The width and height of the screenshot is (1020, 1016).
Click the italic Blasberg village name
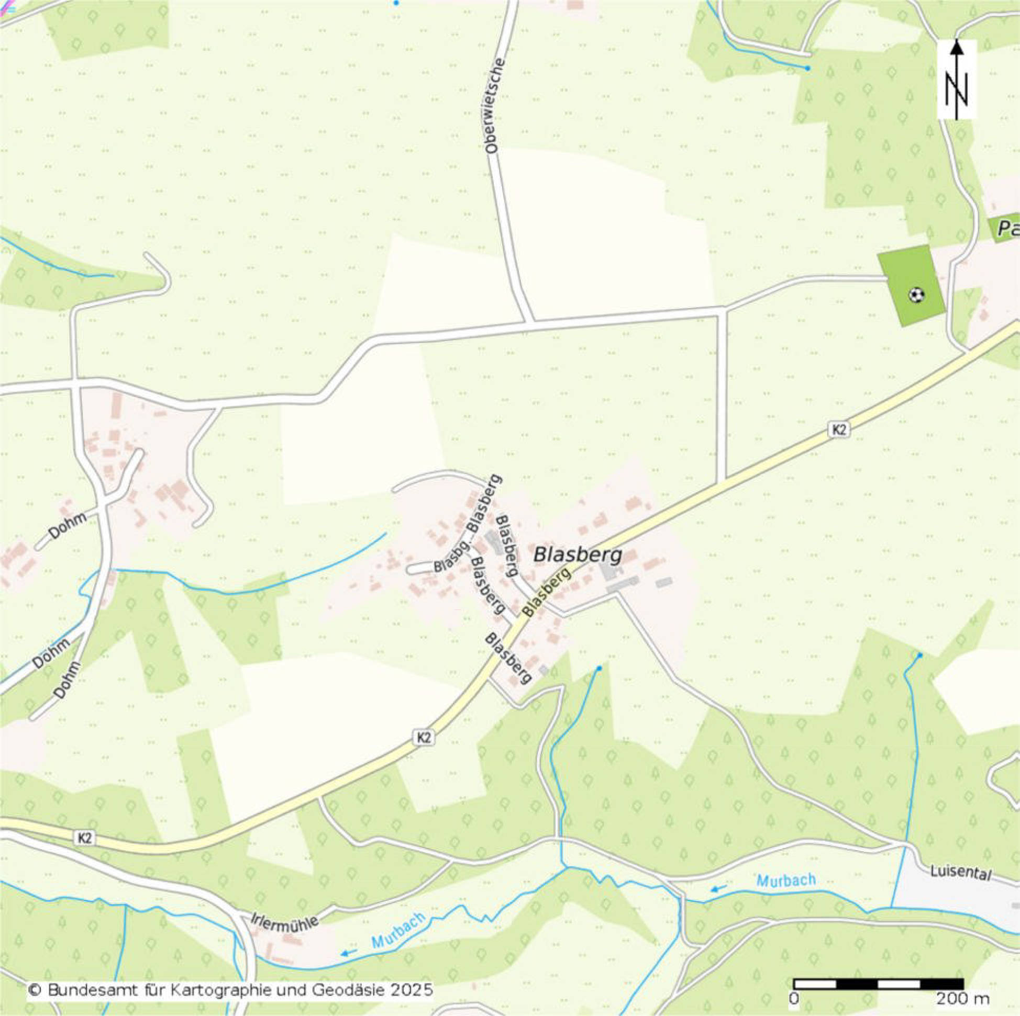(x=578, y=555)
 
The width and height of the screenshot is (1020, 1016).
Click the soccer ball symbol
(x=916, y=295)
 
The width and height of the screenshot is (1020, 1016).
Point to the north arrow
(x=957, y=79)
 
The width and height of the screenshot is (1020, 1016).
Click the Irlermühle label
(x=285, y=920)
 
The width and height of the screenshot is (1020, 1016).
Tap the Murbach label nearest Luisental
(x=785, y=880)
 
